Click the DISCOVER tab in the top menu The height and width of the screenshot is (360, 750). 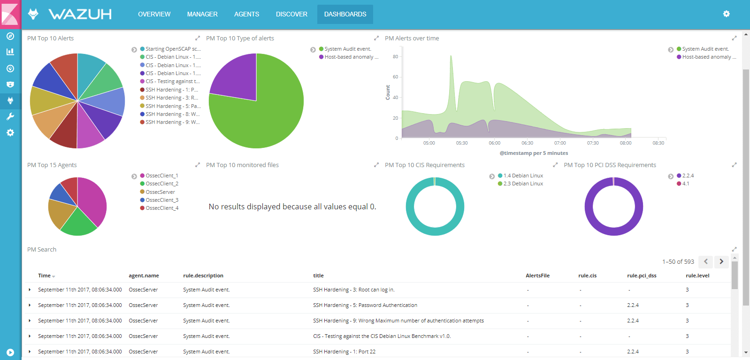pyautogui.click(x=291, y=14)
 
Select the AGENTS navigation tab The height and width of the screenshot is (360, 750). pyautogui.click(x=246, y=14)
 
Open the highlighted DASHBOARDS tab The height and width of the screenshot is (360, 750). pyautogui.click(x=345, y=14)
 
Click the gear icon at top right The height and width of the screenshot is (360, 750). pyautogui.click(x=726, y=14)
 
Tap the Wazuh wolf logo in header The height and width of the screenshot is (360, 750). pyautogui.click(x=33, y=14)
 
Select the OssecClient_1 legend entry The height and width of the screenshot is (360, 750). pyautogui.click(x=161, y=176)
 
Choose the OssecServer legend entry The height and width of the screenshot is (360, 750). pyautogui.click(x=160, y=192)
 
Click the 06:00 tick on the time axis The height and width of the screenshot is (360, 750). pyautogui.click(x=494, y=143)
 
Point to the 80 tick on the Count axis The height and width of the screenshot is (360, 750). pyautogui.click(x=395, y=57)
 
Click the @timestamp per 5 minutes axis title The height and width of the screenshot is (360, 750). pyautogui.click(x=534, y=153)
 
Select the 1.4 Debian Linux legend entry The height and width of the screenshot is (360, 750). pyautogui.click(x=523, y=176)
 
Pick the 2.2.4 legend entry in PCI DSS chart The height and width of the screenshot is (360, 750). pyautogui.click(x=688, y=176)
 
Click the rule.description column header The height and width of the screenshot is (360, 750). pyautogui.click(x=203, y=276)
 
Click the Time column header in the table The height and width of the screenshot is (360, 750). pyautogui.click(x=45, y=276)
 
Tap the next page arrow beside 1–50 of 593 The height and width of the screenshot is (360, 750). pyautogui.click(x=721, y=261)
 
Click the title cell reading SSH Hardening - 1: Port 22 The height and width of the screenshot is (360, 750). pyautogui.click(x=344, y=352)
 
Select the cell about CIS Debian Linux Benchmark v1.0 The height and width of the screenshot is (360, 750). pyautogui.click(x=382, y=336)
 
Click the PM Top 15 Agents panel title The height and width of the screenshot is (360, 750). pyautogui.click(x=52, y=165)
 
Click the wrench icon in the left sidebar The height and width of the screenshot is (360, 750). pyautogui.click(x=10, y=116)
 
